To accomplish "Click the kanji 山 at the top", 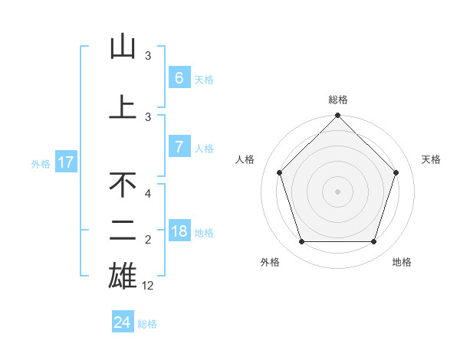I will [123, 47].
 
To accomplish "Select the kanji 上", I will [123, 107].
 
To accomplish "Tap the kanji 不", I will [123, 185].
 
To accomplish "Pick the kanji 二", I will [123, 230].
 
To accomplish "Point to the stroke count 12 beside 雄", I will [149, 286].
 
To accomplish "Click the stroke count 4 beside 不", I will [149, 194].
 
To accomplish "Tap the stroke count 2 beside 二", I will [149, 241].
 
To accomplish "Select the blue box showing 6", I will [179, 78].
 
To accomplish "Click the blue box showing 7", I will [179, 147].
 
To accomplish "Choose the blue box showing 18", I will [179, 231].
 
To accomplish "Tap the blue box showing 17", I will [66, 162].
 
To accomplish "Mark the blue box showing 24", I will [123, 322].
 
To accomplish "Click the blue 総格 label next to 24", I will [147, 324].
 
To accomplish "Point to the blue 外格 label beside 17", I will [41, 163].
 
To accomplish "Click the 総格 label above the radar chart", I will [337, 100].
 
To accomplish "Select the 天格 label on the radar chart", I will [431, 159].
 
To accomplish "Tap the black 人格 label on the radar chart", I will [245, 159].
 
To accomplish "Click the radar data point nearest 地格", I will [373, 242].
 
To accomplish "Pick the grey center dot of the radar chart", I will [337, 191].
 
